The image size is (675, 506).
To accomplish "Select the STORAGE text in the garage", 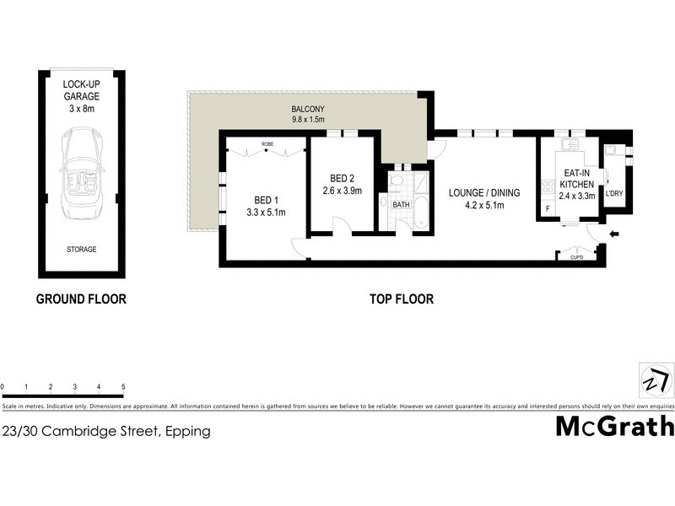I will click(x=82, y=250).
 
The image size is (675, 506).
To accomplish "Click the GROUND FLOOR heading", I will click(x=81, y=299).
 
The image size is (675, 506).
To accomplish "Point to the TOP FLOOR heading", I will click(x=402, y=299).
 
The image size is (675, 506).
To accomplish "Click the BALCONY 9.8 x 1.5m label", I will click(x=308, y=115).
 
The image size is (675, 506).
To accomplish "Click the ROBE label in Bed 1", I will click(x=267, y=144).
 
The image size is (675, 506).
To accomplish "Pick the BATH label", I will click(x=401, y=205).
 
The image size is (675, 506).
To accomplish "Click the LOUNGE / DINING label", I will click(x=484, y=198).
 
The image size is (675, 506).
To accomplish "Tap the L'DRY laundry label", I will click(x=613, y=193).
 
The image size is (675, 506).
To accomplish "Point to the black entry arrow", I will click(x=613, y=234).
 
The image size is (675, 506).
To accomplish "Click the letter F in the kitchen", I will click(x=548, y=208).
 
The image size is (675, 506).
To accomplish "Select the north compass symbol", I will click(x=656, y=380).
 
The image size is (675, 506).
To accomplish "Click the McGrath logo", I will click(x=614, y=427).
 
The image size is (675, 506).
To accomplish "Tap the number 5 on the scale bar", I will click(x=123, y=387).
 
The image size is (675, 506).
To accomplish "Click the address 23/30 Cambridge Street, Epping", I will click(x=106, y=431).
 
